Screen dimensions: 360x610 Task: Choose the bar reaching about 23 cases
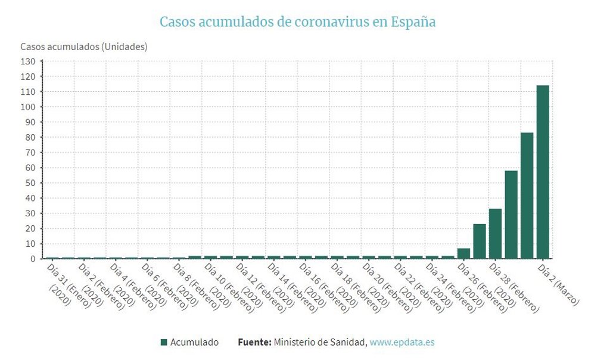[x=480, y=241]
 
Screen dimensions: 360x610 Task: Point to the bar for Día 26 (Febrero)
[x=463, y=253]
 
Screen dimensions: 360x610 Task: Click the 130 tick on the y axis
[x=28, y=61]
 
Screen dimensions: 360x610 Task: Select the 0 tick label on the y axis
[x=33, y=259]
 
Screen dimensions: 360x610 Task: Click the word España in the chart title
[x=413, y=22]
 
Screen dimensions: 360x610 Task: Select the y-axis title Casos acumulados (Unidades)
[x=83, y=46]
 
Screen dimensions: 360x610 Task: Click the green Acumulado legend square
[x=164, y=342]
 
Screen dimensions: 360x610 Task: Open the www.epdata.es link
[x=402, y=342]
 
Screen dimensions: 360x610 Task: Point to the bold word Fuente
[x=254, y=342]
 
